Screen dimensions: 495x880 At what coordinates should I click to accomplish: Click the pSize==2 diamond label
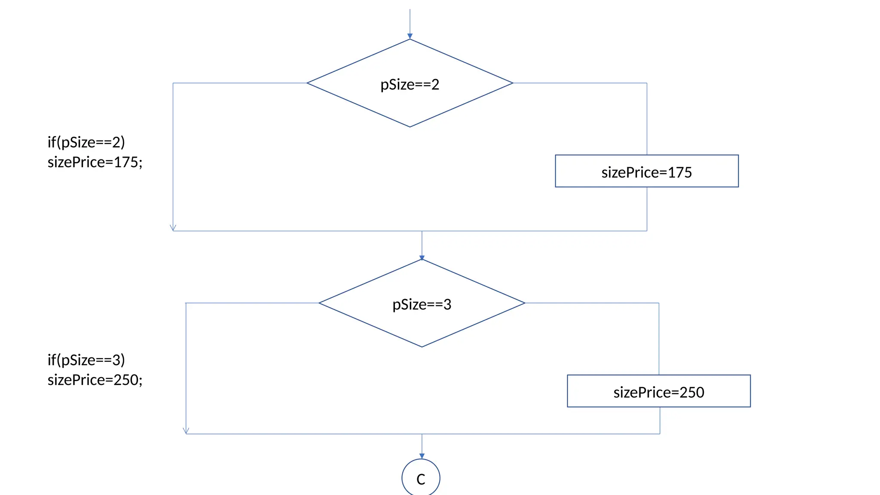point(409,85)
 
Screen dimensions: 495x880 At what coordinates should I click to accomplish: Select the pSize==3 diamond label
point(422,305)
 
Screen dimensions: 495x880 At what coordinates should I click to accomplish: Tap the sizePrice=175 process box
point(646,171)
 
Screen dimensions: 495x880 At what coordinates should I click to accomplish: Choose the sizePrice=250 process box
point(658,391)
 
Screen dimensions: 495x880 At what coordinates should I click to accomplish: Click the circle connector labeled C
point(421,478)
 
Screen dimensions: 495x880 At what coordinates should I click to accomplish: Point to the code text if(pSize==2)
point(86,142)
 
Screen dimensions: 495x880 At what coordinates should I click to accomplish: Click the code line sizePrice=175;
point(95,162)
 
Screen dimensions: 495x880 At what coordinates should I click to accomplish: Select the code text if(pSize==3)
point(86,360)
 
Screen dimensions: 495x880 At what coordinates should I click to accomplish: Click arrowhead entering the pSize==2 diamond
point(409,37)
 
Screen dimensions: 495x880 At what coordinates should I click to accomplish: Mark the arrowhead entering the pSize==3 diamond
point(422,257)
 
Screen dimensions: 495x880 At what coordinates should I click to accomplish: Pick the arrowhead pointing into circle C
point(422,456)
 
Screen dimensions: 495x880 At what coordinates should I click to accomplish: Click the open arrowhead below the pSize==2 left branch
point(173,228)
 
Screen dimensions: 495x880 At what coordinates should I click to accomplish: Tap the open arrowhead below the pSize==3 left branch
point(186,431)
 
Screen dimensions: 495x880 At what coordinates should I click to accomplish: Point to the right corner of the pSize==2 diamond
point(512,83)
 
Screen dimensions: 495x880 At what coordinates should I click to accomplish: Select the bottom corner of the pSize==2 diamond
point(409,127)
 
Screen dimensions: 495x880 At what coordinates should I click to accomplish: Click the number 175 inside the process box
point(679,172)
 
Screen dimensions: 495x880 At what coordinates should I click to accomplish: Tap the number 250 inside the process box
point(691,392)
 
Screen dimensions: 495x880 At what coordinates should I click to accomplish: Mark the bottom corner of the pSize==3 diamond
point(422,347)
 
